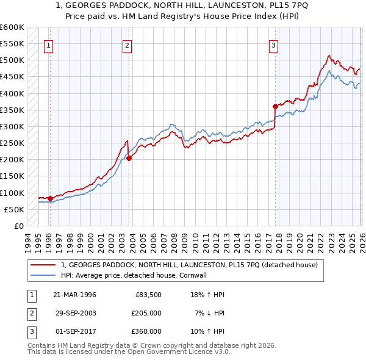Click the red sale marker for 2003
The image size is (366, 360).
click(129, 158)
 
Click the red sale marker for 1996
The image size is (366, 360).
click(50, 198)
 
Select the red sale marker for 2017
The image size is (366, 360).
click(275, 106)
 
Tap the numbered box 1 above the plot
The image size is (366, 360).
click(48, 45)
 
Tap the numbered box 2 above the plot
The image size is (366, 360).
click(127, 45)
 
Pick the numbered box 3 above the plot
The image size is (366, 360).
click(274, 45)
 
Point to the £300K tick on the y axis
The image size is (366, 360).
click(12, 127)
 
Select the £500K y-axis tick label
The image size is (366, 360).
click(12, 60)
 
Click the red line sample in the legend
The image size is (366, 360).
click(43, 265)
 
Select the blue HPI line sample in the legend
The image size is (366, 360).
click(43, 276)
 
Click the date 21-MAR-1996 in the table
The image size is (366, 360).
click(74, 295)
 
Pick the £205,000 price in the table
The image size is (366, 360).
click(146, 313)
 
